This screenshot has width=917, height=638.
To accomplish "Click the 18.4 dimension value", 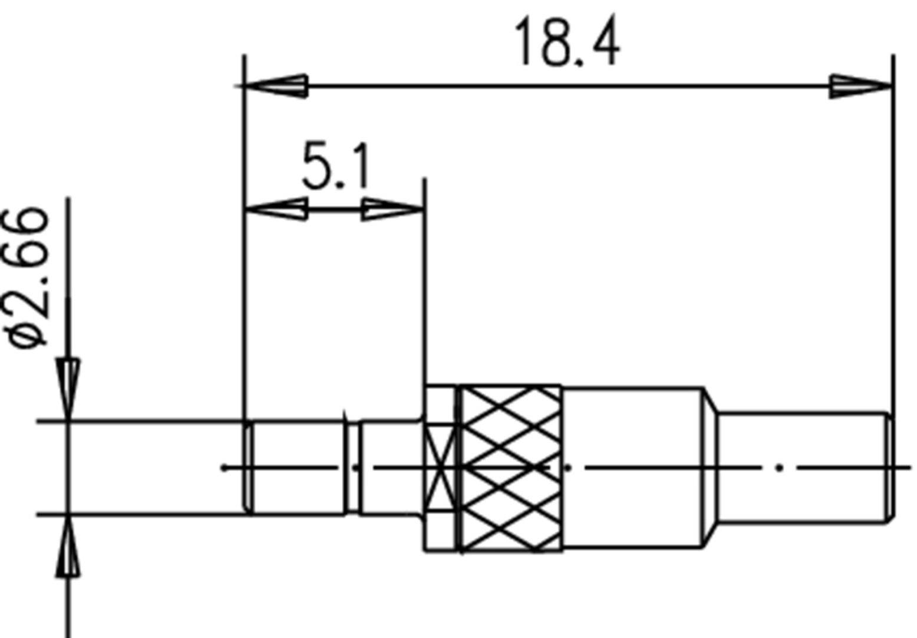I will [567, 42].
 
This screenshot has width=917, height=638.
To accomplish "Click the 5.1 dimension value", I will [336, 167].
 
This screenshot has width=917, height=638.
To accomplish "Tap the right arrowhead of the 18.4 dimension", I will [860, 86].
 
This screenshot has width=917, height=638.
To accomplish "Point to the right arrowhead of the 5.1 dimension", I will [392, 209].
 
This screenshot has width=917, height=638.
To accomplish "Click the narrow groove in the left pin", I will [352, 467].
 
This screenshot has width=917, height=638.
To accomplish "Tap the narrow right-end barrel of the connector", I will [801, 468].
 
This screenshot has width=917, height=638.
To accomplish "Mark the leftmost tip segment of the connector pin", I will [295, 468].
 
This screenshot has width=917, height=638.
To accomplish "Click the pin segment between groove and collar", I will [390, 468].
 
